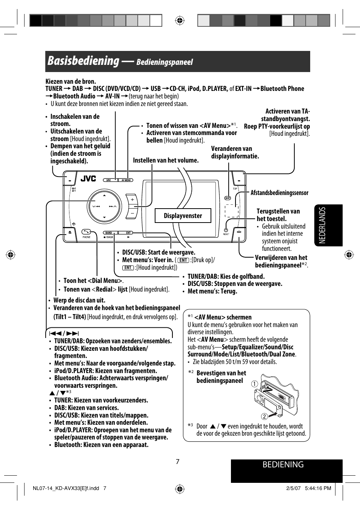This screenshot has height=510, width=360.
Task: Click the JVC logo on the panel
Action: [x=88, y=179]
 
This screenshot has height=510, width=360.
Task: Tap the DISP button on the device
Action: [x=228, y=198]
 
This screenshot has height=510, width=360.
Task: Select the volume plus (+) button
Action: [x=132, y=200]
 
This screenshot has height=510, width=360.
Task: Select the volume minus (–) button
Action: [x=132, y=213]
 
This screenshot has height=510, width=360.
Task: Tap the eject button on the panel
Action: [x=70, y=232]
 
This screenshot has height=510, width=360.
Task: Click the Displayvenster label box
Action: [x=183, y=216]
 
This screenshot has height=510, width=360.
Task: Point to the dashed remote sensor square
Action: [x=232, y=211]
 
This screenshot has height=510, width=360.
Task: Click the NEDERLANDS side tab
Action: [x=328, y=225]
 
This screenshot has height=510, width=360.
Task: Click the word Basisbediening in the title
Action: [x=83, y=61]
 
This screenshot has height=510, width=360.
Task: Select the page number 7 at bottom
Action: [x=178, y=462]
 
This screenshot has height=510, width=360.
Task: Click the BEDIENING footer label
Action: [x=283, y=465]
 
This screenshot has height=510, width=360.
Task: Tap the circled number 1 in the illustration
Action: [x=255, y=384]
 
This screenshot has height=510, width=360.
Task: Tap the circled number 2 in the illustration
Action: [x=264, y=416]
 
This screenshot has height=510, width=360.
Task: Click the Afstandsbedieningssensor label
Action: [x=279, y=193]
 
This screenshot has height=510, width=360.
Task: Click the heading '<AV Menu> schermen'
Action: [x=223, y=317]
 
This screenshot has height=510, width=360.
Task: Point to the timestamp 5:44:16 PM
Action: [x=318, y=488]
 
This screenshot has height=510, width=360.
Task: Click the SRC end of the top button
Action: [x=109, y=180]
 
